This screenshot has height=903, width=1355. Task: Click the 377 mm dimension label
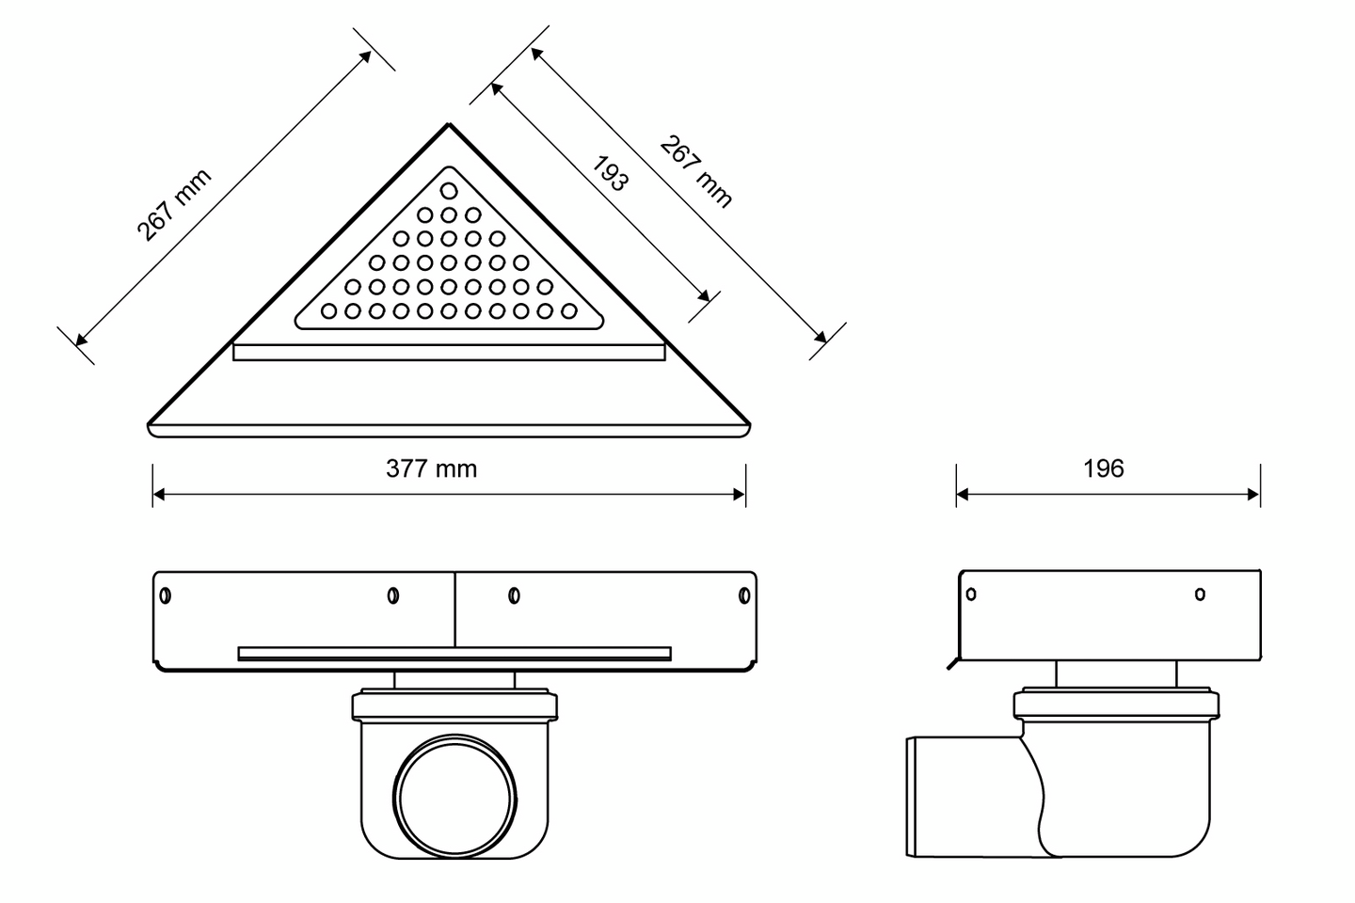(x=431, y=468)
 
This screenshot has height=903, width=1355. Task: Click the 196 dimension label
(x=1104, y=468)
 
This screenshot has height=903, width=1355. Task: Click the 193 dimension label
(x=610, y=173)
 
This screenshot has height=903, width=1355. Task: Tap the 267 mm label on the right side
(x=695, y=172)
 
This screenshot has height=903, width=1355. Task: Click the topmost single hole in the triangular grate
(x=449, y=191)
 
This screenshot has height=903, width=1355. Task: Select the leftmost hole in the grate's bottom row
(x=328, y=311)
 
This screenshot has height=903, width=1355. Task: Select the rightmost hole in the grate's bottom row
(x=568, y=311)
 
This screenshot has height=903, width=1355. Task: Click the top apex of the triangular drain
(x=449, y=124)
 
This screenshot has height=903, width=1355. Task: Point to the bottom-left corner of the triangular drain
(x=150, y=424)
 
